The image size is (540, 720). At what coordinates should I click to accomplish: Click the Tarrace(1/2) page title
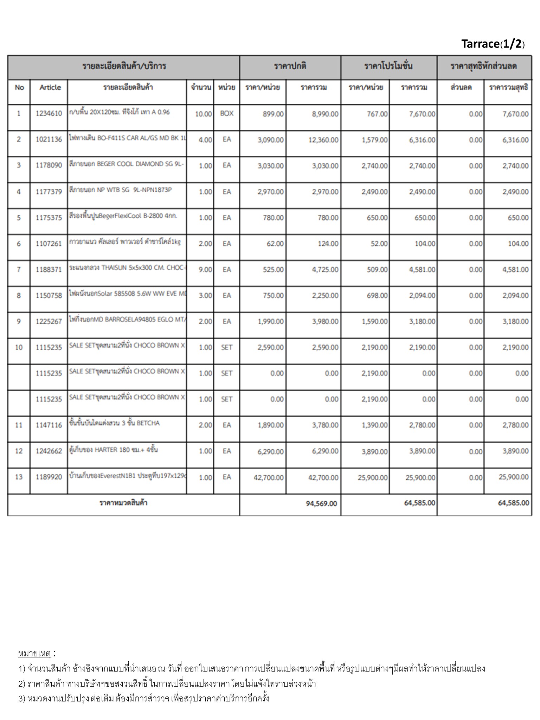click(x=493, y=44)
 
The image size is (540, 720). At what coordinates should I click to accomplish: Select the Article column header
click(x=50, y=88)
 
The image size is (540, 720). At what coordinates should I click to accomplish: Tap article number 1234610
click(x=49, y=114)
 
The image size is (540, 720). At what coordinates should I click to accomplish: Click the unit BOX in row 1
click(x=227, y=114)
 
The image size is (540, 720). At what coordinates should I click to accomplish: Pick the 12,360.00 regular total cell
click(x=323, y=140)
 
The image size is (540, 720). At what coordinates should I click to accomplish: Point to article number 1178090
click(x=49, y=165)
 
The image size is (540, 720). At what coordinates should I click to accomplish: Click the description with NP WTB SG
click(x=121, y=190)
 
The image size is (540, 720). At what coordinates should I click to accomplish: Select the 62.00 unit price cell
click(x=275, y=244)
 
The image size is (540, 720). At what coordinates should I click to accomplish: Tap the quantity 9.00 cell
click(x=205, y=270)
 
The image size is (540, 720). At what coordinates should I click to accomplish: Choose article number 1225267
click(x=49, y=321)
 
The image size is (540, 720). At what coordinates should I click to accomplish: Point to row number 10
click(x=19, y=347)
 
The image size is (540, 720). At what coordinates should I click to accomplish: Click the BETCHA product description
click(x=115, y=423)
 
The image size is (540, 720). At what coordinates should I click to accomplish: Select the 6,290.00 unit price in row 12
click(x=270, y=451)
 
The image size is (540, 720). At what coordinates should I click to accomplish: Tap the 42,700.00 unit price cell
click(x=269, y=477)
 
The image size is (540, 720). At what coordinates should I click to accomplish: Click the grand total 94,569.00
click(x=321, y=503)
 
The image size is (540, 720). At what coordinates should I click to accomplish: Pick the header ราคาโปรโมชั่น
click(x=388, y=66)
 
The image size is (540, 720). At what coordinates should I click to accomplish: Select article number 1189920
click(x=49, y=477)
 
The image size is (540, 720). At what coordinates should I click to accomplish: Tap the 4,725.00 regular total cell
click(x=325, y=270)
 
